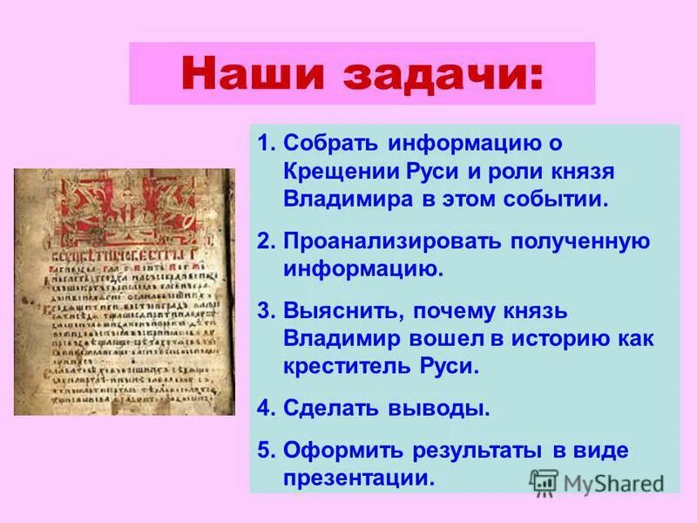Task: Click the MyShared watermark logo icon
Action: coord(544,482)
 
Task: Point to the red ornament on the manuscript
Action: coord(122,210)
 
